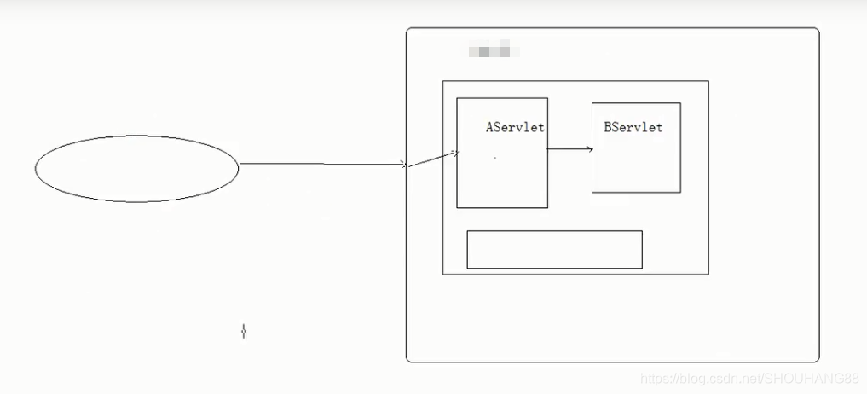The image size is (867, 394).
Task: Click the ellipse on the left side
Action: (x=136, y=169)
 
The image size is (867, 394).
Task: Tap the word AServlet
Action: (x=515, y=128)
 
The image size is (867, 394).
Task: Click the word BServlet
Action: (x=633, y=128)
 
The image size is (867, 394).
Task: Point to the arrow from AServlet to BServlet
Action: (x=569, y=149)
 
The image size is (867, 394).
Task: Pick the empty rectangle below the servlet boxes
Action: (x=554, y=249)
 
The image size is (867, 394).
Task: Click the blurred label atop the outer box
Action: (x=494, y=50)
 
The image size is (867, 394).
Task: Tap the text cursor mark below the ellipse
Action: (x=244, y=331)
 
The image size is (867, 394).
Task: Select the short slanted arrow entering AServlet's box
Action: (x=433, y=159)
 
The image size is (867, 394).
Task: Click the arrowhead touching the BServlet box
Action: (x=589, y=149)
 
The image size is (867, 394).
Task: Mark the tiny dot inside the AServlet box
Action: (x=494, y=159)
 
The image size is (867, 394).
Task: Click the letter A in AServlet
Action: (x=490, y=128)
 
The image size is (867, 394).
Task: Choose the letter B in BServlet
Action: (x=608, y=128)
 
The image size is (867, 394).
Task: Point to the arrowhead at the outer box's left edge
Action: (x=405, y=165)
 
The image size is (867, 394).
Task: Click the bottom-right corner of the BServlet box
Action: (x=680, y=193)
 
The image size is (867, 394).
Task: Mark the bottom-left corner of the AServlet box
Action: (x=457, y=207)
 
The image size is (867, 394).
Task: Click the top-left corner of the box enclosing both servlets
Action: (x=442, y=81)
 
